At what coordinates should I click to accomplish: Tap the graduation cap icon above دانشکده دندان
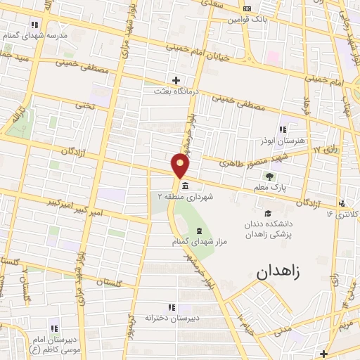point(267,213)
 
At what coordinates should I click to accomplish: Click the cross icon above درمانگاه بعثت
point(176,80)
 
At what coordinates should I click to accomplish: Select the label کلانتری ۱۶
point(345,213)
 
